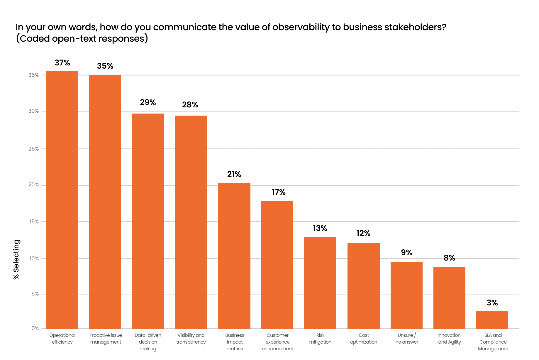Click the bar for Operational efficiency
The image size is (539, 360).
pos(62,200)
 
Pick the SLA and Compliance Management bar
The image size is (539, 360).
pos(492,320)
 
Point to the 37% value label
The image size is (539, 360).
pos(62,63)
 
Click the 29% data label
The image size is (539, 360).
pos(148,102)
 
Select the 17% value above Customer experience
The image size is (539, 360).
pos(278,192)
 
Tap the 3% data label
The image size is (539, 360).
pos(492,303)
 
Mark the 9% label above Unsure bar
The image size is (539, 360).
pos(406,253)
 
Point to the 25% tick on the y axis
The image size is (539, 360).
pos(33,149)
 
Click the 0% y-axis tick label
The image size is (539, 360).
pos(35,328)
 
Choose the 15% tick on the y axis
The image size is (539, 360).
pos(34,222)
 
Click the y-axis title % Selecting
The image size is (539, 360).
pos(16,259)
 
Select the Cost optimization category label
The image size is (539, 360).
pos(363,339)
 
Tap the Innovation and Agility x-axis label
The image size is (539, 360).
pos(449,339)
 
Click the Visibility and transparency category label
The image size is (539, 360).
pos(191,339)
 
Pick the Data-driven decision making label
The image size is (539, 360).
pos(148,342)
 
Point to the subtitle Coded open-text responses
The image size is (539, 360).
pos(82,38)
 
